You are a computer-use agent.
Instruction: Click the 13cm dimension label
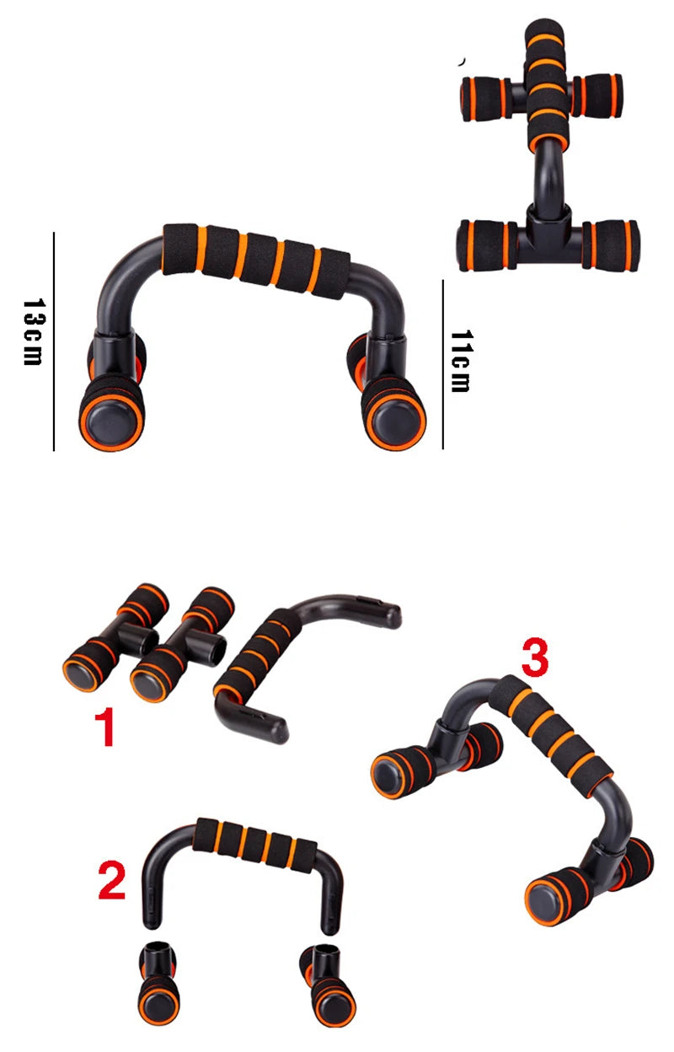32,331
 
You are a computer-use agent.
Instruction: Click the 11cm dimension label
460,362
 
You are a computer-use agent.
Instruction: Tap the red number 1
104,728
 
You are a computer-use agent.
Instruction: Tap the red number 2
112,882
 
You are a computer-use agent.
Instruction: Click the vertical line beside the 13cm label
53,341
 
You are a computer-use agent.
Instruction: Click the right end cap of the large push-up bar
393,421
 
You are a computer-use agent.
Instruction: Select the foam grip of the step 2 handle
256,843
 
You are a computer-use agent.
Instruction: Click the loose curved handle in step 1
286,657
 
